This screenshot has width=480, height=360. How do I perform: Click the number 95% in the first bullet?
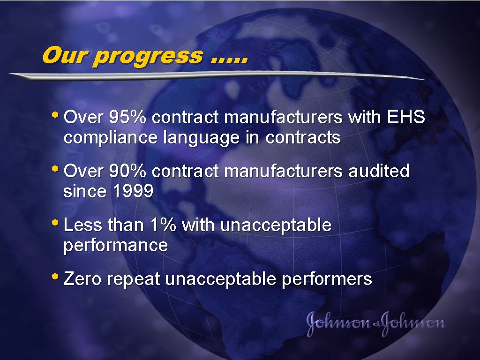tap(128, 118)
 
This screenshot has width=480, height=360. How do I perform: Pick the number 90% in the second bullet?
tap(128, 172)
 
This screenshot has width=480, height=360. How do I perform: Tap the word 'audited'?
tap(379, 172)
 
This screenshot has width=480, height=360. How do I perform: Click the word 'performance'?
tap(115, 246)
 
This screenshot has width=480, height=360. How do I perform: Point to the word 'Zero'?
tap(82, 279)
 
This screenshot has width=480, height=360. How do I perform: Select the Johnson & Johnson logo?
tap(375, 323)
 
